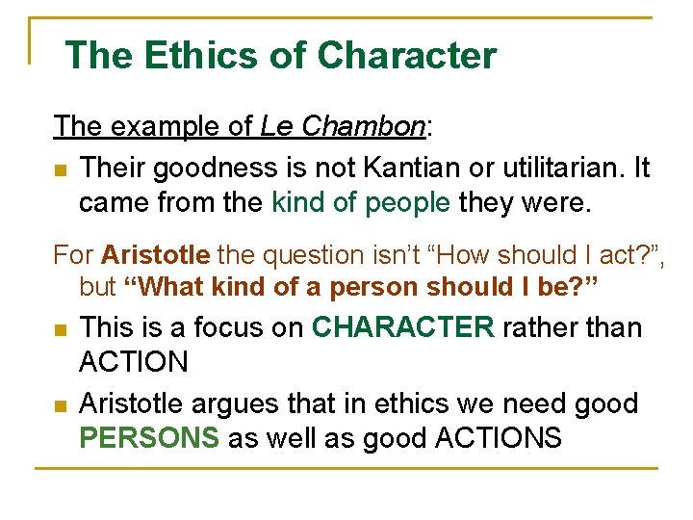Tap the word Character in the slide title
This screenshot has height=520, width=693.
coord(406,55)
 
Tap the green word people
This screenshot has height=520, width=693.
coord(406,202)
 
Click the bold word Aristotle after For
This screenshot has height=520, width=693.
coord(155,255)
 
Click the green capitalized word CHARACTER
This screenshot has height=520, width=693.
coord(403,327)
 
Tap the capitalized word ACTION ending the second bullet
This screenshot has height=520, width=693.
coord(134,362)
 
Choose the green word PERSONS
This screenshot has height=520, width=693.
coord(149,437)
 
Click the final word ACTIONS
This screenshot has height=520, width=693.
coord(499,437)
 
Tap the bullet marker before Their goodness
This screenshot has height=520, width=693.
coord(61,170)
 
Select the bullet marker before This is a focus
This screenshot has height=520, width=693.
coord(61,330)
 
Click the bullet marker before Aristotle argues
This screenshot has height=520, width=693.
coord(61,405)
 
